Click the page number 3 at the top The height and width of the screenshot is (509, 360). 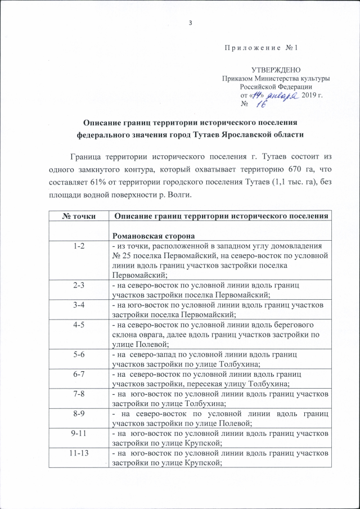coord(191,22)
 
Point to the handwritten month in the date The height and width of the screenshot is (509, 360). coord(276,95)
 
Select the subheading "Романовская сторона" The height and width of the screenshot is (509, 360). coord(145,237)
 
